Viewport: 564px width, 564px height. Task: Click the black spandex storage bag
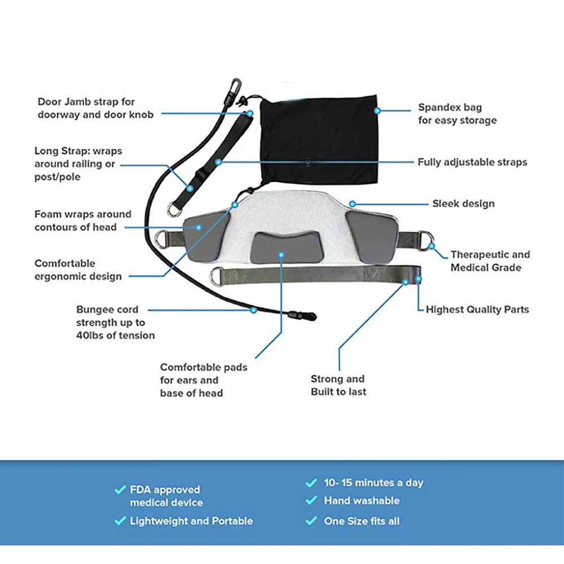point(319,141)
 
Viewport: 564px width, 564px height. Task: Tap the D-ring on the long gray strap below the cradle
point(217,276)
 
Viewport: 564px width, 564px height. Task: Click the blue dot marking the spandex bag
point(377,111)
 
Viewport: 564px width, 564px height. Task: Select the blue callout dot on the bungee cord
point(254,310)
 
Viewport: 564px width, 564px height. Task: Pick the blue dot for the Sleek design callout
point(352,204)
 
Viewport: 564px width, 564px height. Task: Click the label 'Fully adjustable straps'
point(472,162)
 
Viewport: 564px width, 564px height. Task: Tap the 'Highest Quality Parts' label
point(477,309)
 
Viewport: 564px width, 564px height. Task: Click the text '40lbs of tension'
point(116,335)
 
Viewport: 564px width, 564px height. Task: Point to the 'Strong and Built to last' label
point(338,385)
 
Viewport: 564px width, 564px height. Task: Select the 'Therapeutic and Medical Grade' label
point(490,261)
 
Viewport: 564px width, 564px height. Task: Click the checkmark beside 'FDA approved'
point(120,490)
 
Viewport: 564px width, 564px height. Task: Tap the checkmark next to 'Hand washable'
point(311,500)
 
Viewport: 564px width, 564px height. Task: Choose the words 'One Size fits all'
point(362,521)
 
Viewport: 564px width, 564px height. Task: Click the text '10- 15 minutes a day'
point(373,482)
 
